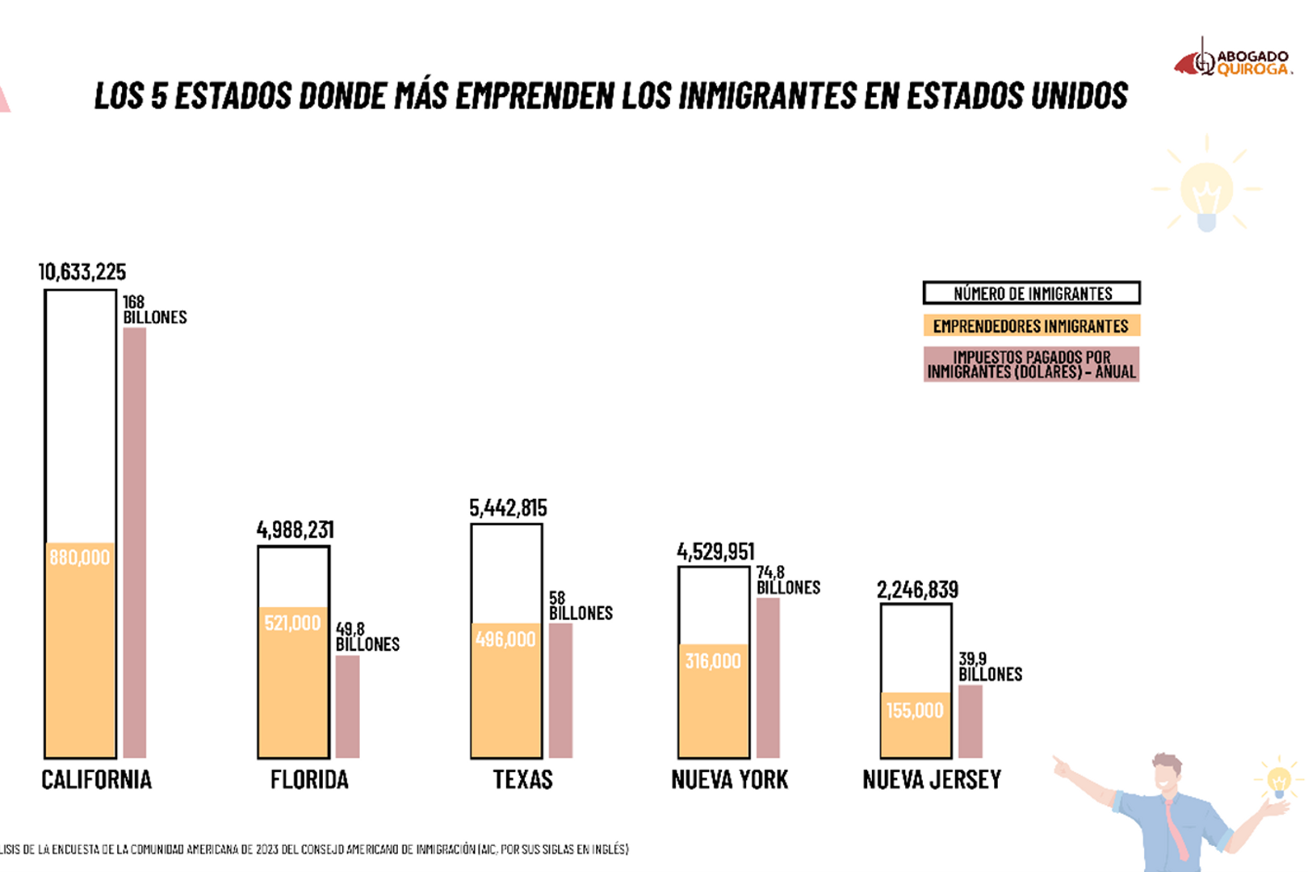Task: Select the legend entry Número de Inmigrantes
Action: tap(1031, 293)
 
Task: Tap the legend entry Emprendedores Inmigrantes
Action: tap(1031, 326)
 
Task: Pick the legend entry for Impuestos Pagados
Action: tap(1031, 364)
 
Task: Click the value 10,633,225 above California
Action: tap(82, 272)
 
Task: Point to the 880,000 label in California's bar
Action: tap(79, 557)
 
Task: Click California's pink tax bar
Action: tap(135, 541)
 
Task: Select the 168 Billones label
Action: tap(154, 310)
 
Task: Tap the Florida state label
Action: tap(309, 780)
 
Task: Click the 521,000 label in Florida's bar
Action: tap(292, 623)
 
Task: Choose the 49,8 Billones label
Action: tap(367, 636)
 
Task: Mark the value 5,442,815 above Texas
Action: tap(508, 508)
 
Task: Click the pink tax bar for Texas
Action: tap(560, 690)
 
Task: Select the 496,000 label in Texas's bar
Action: tap(505, 639)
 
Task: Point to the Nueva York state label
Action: tap(729, 780)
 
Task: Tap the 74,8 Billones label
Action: tap(787, 581)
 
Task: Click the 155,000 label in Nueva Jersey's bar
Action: tap(915, 711)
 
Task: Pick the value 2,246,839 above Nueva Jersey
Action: tap(917, 590)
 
